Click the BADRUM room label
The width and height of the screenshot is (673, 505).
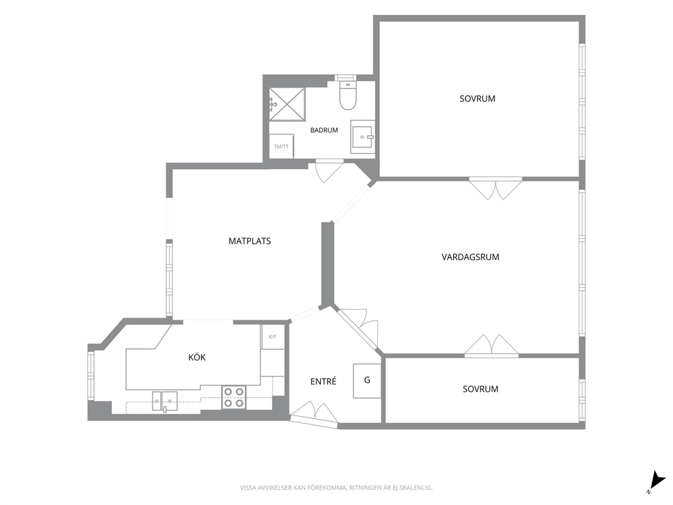[324, 130]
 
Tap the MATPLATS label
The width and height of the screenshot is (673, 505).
[250, 242]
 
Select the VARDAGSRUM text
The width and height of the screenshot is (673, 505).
[470, 257]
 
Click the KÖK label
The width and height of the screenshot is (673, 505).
[197, 357]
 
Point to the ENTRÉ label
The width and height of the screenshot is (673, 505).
[323, 381]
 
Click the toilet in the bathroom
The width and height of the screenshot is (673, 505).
[348, 94]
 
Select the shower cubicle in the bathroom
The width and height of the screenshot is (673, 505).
[287, 105]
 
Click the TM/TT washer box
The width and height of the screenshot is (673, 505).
[281, 146]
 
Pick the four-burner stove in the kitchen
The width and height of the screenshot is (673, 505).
[234, 397]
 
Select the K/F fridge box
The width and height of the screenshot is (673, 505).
[273, 337]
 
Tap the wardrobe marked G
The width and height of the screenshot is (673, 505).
[367, 381]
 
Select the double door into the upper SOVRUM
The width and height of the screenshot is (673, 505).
[496, 188]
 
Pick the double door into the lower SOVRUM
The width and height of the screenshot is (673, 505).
[491, 346]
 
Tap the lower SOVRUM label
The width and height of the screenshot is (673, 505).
[481, 389]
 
